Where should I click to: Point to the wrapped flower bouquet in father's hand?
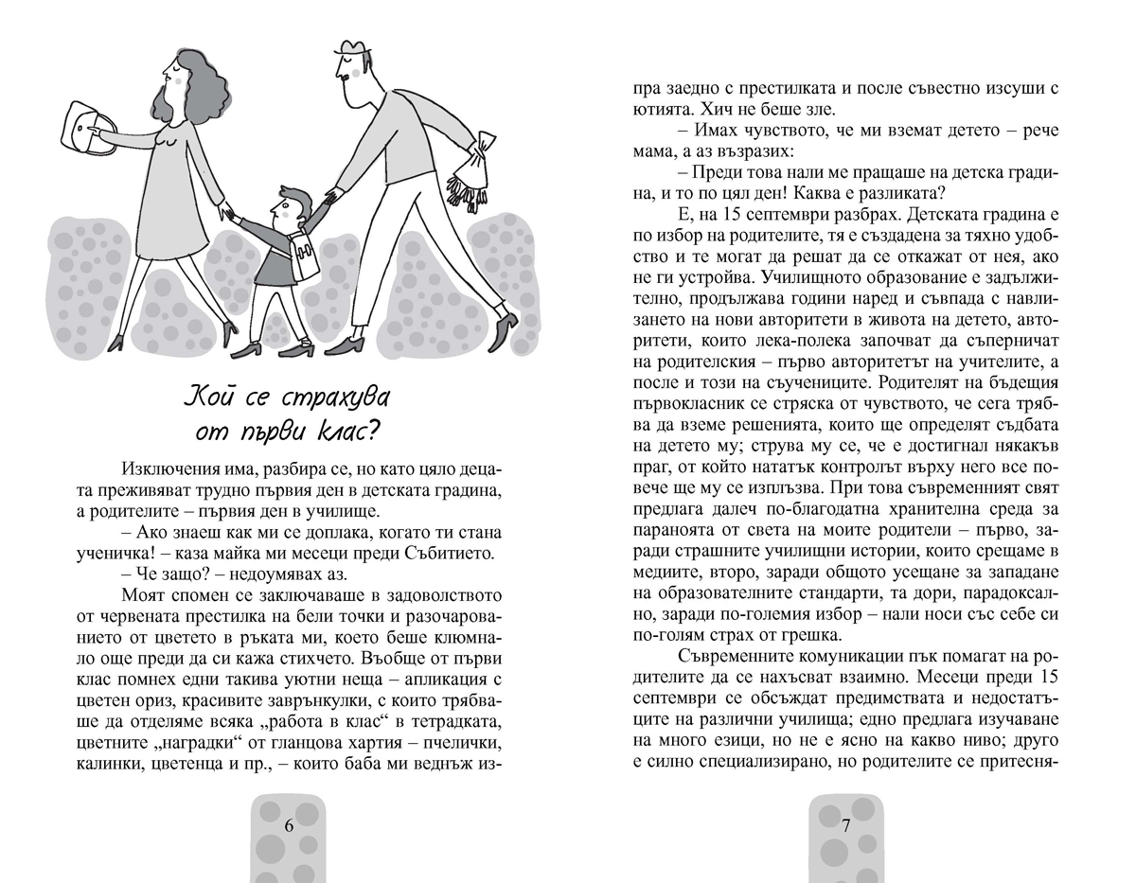pyautogui.click(x=470, y=176)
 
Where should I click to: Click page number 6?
pyautogui.click(x=290, y=823)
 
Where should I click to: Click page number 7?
pyautogui.click(x=846, y=823)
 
